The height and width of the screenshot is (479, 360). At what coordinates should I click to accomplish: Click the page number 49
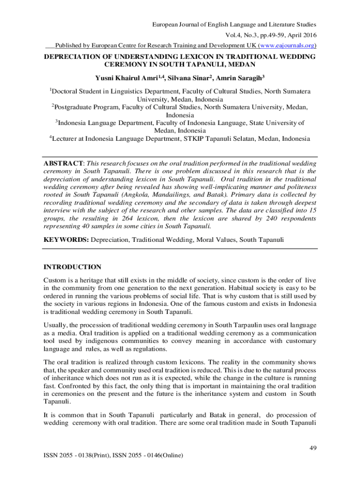[x=314, y=449]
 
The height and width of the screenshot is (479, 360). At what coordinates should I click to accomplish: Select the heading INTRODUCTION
[x=72, y=267]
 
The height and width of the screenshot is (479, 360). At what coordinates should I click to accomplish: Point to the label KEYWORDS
[x=66, y=239]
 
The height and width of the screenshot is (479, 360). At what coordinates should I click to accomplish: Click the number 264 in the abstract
[x=143, y=218]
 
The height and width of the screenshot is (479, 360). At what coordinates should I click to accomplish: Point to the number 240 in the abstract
[x=275, y=218]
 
